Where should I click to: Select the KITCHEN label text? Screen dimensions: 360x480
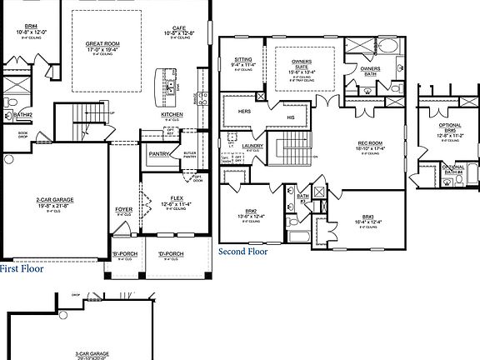click(172, 115)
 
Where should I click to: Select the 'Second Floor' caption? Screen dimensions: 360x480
click(243, 250)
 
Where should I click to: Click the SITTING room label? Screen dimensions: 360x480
click(243, 60)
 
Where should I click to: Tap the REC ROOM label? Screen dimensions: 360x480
click(368, 142)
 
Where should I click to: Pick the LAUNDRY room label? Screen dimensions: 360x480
click(252, 145)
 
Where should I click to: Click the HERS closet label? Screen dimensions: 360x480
click(246, 111)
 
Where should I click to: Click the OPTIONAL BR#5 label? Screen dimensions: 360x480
click(450, 127)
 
